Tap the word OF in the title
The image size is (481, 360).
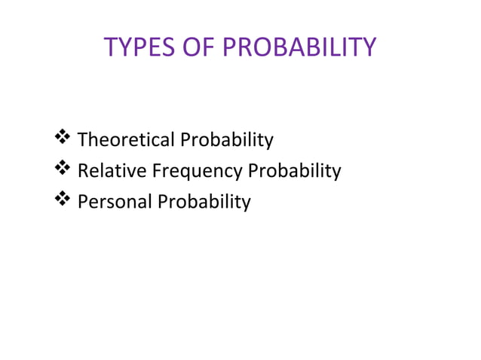(x=195, y=47)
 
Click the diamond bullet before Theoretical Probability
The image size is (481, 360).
(x=63, y=139)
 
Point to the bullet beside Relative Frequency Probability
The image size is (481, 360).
(x=63, y=169)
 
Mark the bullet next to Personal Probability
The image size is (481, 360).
(x=63, y=200)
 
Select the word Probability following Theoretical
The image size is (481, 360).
(x=226, y=140)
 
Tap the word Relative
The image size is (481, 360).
(x=112, y=171)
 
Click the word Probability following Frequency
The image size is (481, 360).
(x=295, y=171)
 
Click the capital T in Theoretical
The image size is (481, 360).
(x=82, y=140)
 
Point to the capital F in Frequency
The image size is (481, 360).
(x=156, y=171)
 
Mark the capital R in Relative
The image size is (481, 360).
(x=83, y=171)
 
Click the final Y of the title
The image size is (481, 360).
(x=368, y=47)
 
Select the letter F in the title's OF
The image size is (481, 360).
(x=204, y=47)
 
